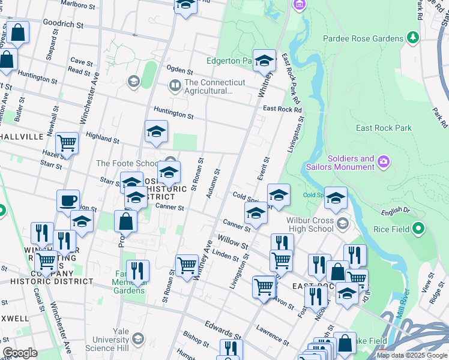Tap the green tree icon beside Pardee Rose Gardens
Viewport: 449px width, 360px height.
[413, 38]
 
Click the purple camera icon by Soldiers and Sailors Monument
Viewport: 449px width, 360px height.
[385, 162]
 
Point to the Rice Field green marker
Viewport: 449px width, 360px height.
[419, 229]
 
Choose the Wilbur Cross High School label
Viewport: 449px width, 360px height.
[306, 224]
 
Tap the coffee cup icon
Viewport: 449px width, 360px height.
[68, 201]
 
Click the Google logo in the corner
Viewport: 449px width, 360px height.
[20, 353]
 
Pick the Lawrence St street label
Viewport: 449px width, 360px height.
[273, 335]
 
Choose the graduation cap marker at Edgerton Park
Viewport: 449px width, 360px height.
[264, 61]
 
